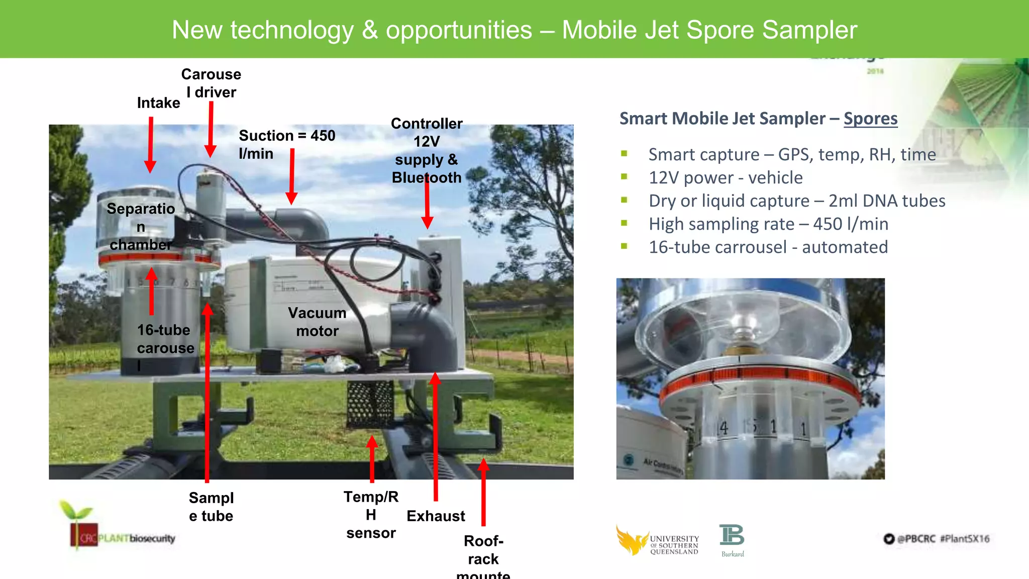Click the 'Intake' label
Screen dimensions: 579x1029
tap(158, 103)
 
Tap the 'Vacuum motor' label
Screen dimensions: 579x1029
tap(317, 322)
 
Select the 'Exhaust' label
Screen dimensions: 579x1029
tap(436, 516)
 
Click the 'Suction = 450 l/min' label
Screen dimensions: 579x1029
tap(286, 144)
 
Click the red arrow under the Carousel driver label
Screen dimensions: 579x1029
tap(211, 129)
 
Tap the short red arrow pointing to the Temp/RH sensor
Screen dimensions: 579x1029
tap(372, 458)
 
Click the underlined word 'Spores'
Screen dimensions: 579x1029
tap(870, 119)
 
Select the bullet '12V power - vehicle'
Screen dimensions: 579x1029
tap(726, 177)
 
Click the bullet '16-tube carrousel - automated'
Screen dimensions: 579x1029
tap(768, 247)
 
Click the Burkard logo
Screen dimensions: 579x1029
tap(732, 540)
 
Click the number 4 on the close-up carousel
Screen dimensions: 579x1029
tap(723, 428)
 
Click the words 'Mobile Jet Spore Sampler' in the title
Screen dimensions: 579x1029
tap(709, 30)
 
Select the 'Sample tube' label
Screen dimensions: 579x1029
tap(211, 507)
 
